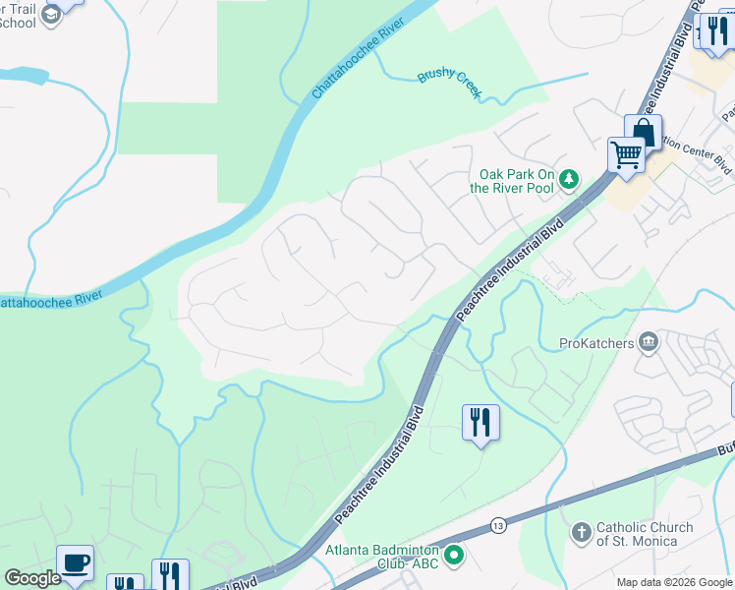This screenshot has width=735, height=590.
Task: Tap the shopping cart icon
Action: click(626, 154)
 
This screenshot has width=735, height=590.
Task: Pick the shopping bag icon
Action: click(642, 132)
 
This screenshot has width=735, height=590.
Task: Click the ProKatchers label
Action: click(596, 343)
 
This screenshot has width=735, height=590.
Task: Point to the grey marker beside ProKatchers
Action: click(649, 342)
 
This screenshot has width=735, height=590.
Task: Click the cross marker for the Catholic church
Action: click(581, 533)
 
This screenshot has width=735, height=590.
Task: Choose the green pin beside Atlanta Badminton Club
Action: click(454, 558)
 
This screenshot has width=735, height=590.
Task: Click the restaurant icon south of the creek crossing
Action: click(481, 423)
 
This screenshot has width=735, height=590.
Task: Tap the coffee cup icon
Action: click(75, 562)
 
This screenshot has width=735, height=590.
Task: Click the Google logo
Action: click(32, 578)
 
